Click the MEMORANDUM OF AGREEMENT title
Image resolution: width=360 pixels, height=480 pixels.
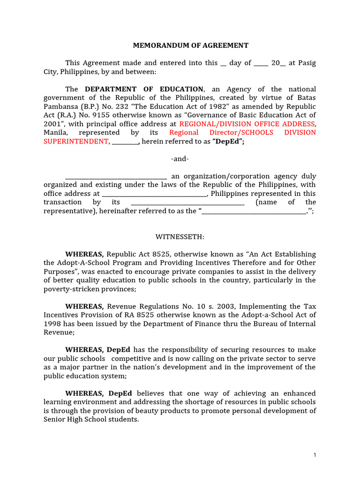coord(191,45)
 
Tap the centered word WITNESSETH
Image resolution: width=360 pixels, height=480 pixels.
coord(180,237)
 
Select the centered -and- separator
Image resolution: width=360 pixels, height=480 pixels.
coord(180,159)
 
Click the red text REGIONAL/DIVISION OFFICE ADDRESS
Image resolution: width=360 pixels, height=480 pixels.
coord(247,124)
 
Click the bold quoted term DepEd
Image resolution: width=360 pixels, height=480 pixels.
coord(228,141)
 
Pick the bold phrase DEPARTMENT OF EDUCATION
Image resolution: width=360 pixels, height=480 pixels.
coord(144,89)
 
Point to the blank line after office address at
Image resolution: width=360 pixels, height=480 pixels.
coord(154,194)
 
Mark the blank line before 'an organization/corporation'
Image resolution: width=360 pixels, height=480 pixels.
coord(116,176)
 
